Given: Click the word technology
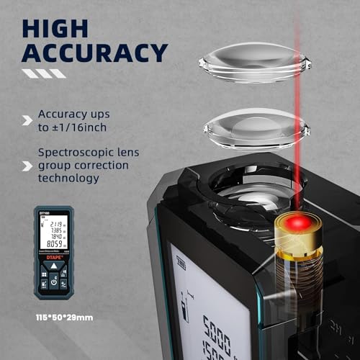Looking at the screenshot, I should click(70, 178).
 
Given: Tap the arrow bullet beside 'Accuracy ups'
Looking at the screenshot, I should click(27, 120).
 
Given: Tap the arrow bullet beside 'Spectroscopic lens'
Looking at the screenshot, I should click(27, 166).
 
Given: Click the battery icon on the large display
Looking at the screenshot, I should click(181, 264).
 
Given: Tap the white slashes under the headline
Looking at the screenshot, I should click(45, 73).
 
